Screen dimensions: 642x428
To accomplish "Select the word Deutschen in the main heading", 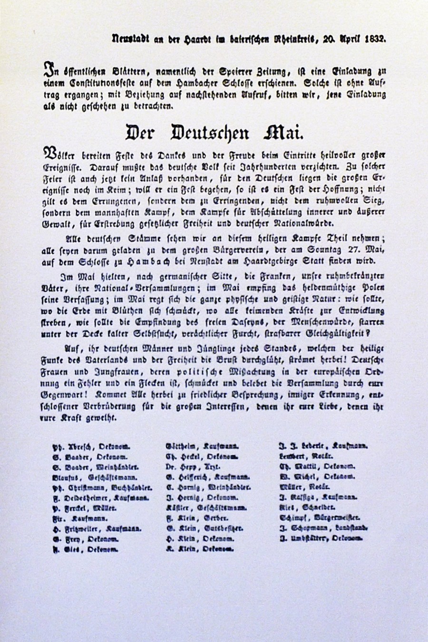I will pyautogui.click(x=210, y=133).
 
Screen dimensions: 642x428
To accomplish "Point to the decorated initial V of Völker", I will pyautogui.click(x=49, y=155).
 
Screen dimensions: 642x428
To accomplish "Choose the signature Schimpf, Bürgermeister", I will pyautogui.click(x=320, y=517).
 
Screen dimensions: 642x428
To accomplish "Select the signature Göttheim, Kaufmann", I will pyautogui.click(x=202, y=446).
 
